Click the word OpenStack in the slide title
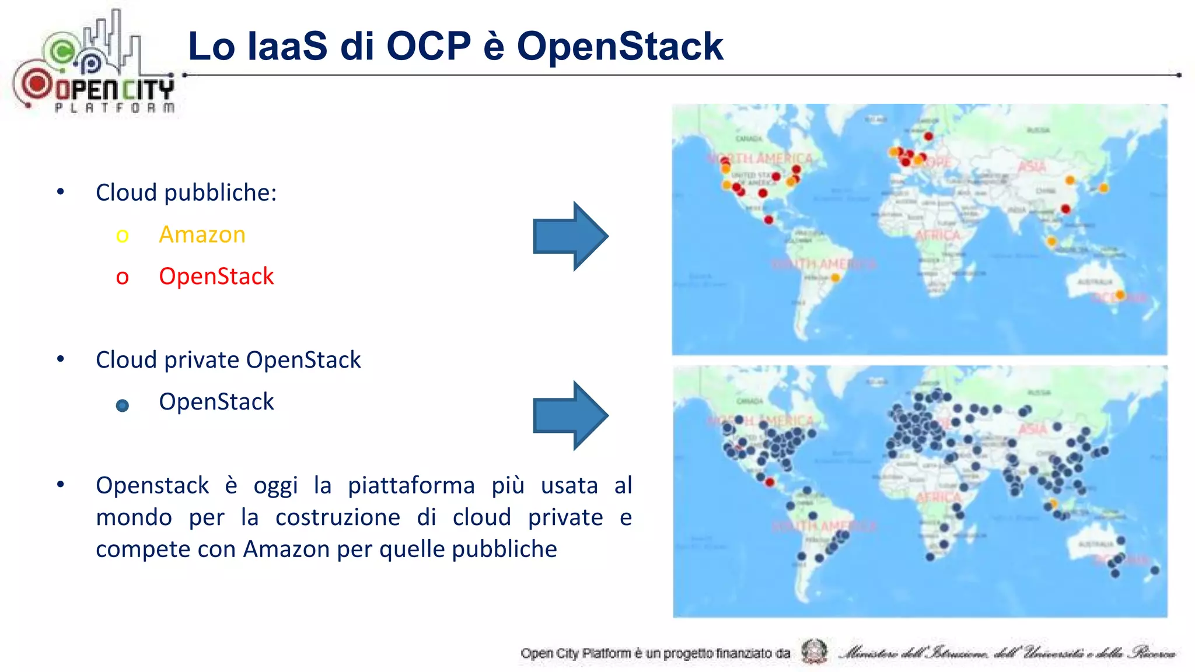(620, 47)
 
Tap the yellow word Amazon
(202, 235)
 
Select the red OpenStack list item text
(216, 276)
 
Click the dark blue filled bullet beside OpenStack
(123, 405)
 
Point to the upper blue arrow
(570, 236)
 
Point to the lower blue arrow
(570, 415)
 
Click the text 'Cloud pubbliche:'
(186, 192)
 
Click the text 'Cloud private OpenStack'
(228, 360)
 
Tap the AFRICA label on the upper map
(938, 235)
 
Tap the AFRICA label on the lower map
(938, 497)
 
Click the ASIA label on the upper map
(1032, 167)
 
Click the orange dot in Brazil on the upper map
(835, 278)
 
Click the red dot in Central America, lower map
(770, 482)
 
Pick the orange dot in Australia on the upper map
(1120, 296)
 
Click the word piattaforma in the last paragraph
(411, 485)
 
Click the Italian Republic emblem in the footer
(814, 652)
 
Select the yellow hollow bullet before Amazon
(122, 236)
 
